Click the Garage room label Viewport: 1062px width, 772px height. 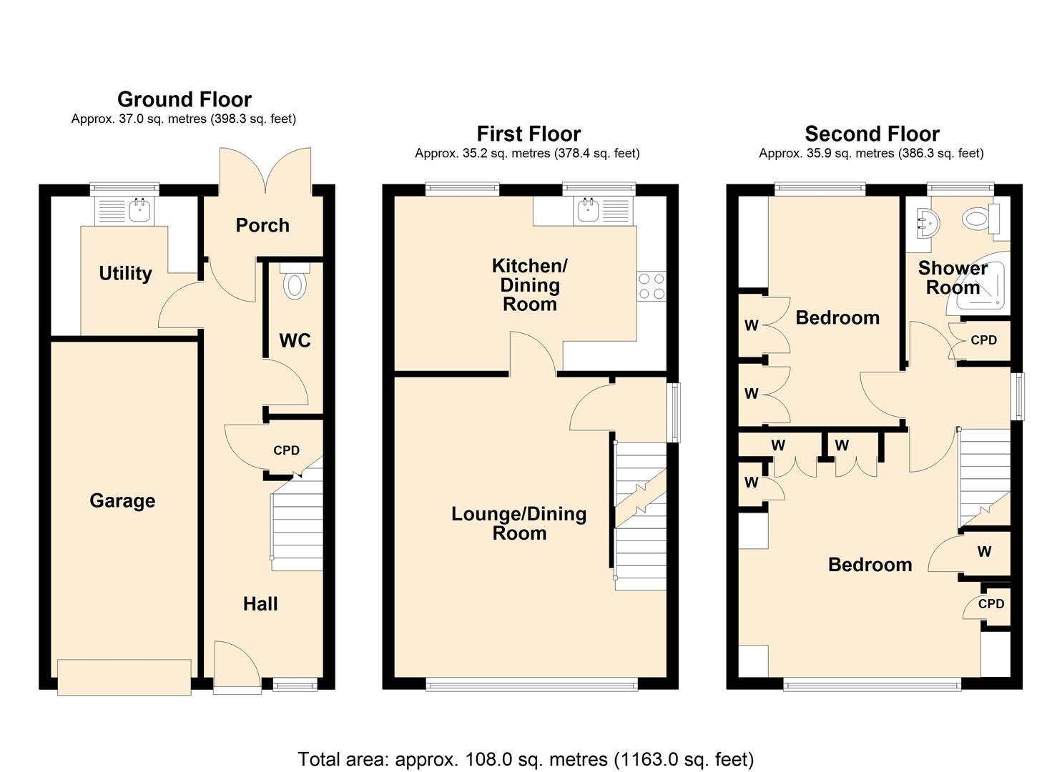click(122, 500)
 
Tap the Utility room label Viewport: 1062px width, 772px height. click(125, 273)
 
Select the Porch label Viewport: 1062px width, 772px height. click(262, 225)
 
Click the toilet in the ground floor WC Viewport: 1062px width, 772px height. click(295, 283)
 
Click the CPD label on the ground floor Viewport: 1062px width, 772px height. click(286, 450)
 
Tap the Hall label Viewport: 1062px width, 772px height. click(260, 604)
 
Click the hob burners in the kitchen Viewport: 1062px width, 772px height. click(652, 286)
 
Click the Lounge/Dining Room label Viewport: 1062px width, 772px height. click(519, 523)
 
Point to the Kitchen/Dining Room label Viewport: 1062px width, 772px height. click(529, 285)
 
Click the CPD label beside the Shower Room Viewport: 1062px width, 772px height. click(983, 340)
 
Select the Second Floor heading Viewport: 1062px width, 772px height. click(872, 134)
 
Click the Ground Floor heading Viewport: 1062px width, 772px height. click(185, 99)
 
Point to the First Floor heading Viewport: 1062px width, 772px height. click(528, 134)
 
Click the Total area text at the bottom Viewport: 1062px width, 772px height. click(526, 758)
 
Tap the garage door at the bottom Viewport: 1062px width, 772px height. click(124, 676)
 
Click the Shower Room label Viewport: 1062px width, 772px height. click(953, 278)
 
